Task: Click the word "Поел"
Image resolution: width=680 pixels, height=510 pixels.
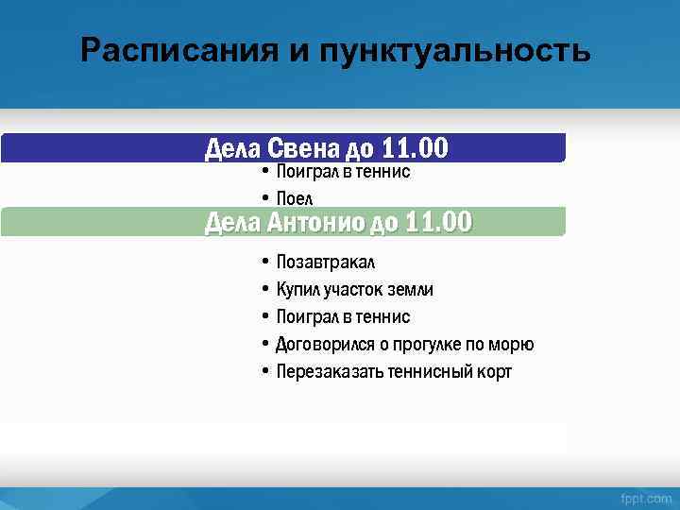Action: [294, 197]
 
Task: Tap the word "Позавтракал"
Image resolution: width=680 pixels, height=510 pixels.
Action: [326, 262]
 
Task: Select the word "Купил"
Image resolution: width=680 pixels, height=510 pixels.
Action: [297, 289]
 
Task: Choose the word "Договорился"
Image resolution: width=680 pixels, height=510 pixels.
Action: [325, 344]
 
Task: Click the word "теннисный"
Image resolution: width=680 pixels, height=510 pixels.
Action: [431, 371]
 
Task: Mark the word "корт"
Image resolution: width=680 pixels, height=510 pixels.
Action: [495, 371]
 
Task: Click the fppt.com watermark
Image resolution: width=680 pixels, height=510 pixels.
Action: [646, 498]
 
